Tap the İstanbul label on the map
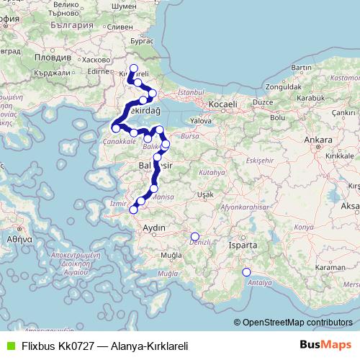tap(192, 93)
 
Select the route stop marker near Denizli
tap(194, 236)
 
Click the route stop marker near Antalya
tap(246, 272)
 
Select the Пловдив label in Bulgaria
tap(53, 57)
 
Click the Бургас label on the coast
tap(143, 41)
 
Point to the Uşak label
tap(206, 195)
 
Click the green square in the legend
tap(8, 346)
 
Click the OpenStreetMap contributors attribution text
tap(297, 323)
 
